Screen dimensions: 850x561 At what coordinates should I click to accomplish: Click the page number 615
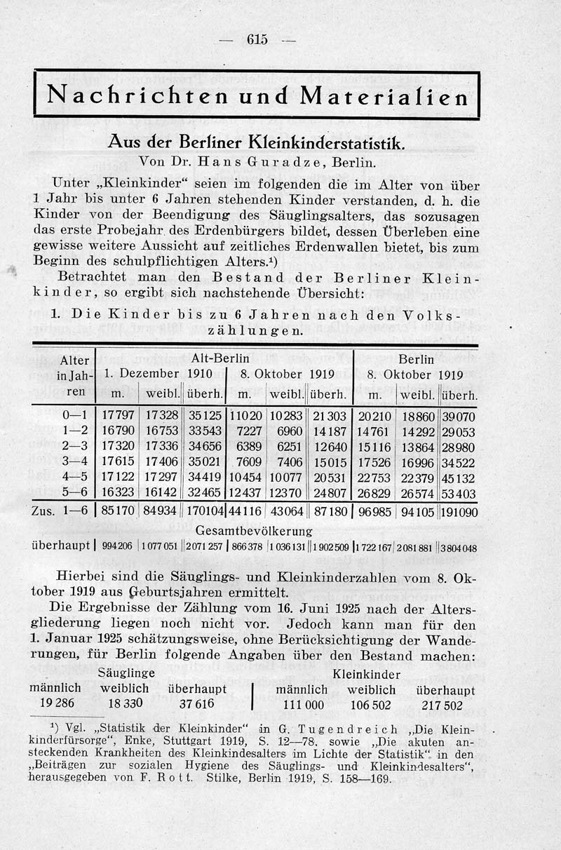pos(257,40)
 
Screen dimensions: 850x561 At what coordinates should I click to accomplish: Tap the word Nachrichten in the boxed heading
pos(130,95)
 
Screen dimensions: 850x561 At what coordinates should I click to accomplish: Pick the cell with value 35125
pos(205,415)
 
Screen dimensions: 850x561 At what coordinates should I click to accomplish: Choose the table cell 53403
pos(460,493)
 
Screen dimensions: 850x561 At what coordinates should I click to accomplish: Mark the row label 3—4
pos(74,461)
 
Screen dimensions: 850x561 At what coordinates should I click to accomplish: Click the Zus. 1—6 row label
pos(60,513)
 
